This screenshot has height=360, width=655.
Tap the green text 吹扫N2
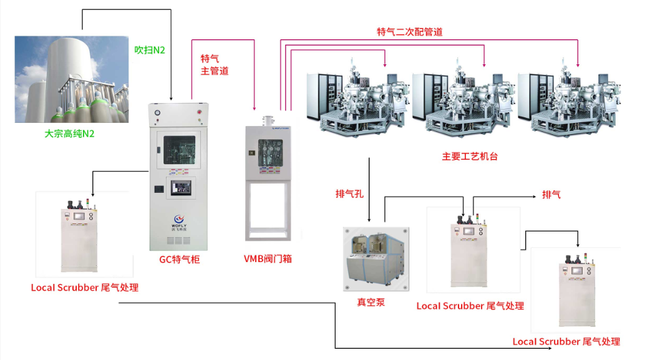(150, 50)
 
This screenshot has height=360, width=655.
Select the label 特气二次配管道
(410, 32)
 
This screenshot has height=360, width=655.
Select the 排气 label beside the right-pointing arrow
(551, 195)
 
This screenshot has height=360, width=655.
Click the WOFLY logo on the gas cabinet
(180, 220)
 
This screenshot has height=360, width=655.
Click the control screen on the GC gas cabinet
(180, 187)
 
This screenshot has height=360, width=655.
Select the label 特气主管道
(214, 65)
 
